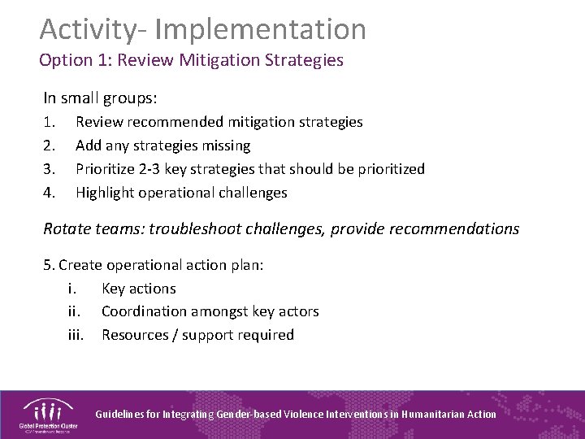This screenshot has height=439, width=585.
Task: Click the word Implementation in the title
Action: [x=260, y=29]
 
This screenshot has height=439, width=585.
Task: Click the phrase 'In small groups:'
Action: [x=100, y=98]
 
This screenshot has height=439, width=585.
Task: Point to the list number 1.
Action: [x=49, y=122]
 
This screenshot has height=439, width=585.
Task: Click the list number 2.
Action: [x=49, y=146]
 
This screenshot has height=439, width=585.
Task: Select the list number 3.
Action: [x=49, y=169]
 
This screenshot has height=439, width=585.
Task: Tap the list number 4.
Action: [x=49, y=193]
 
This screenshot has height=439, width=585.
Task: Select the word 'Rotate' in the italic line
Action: [x=67, y=229]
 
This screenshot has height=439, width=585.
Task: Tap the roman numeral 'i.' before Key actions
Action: [x=73, y=289]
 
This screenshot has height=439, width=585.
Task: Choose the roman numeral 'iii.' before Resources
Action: [x=75, y=335]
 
